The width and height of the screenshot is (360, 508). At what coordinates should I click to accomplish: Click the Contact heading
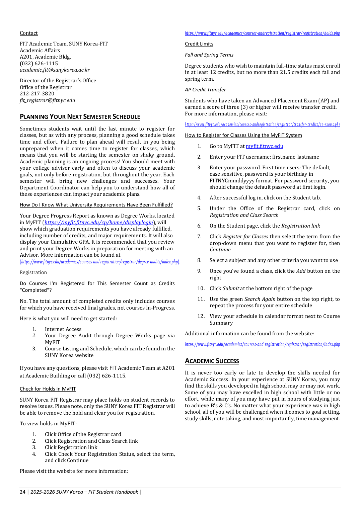coord(29,33)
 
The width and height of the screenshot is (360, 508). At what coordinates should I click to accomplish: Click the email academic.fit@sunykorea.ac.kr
coord(55,70)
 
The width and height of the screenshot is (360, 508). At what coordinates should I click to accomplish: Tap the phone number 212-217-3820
coord(37,94)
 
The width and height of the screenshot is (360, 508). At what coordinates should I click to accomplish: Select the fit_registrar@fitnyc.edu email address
coord(47,100)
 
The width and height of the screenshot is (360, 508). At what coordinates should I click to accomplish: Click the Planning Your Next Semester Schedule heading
coord(80,117)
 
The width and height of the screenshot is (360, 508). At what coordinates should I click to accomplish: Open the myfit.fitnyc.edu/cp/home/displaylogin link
coord(99,223)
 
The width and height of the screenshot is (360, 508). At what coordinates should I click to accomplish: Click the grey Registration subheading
coord(33,273)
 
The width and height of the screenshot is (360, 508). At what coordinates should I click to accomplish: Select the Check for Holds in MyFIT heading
coord(48,389)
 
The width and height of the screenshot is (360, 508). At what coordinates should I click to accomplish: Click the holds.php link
coord(262,33)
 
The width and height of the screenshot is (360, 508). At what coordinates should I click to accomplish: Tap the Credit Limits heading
coord(199,44)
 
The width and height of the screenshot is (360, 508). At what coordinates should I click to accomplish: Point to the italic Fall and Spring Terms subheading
coord(209,55)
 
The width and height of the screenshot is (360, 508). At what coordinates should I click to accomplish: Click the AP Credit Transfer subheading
coord(205,90)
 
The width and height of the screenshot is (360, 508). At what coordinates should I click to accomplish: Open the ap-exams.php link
coord(262,124)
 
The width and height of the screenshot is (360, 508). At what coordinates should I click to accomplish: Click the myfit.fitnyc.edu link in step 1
coord(264,146)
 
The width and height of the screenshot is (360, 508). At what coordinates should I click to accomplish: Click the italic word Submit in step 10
coord(231,288)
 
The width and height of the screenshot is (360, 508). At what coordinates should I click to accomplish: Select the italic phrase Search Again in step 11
coord(260,299)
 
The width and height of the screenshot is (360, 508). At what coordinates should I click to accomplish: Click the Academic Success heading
coord(212,361)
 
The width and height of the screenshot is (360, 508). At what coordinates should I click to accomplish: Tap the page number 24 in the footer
coord(22,492)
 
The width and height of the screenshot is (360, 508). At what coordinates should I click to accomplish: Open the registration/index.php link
coord(262,344)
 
